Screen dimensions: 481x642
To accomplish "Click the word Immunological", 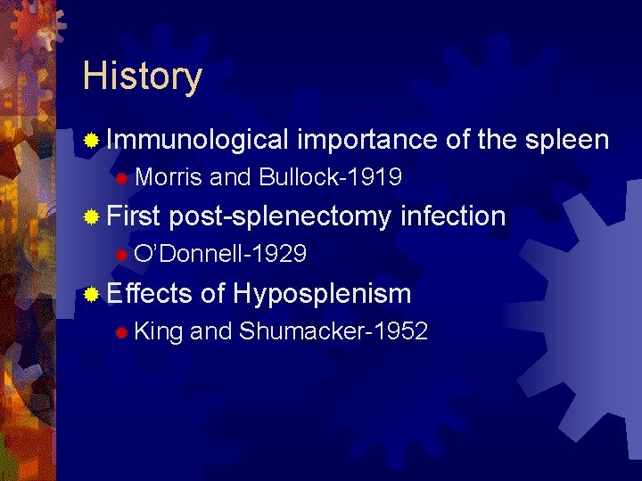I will click(198, 140).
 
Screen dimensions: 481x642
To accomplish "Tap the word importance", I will click(366, 140).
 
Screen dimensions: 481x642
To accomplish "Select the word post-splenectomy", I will click(280, 216).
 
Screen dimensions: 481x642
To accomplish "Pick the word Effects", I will click(149, 293).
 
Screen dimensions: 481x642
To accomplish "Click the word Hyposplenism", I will click(322, 293).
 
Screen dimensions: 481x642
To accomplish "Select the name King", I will click(159, 331).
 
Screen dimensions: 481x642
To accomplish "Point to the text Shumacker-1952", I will click(333, 331).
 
